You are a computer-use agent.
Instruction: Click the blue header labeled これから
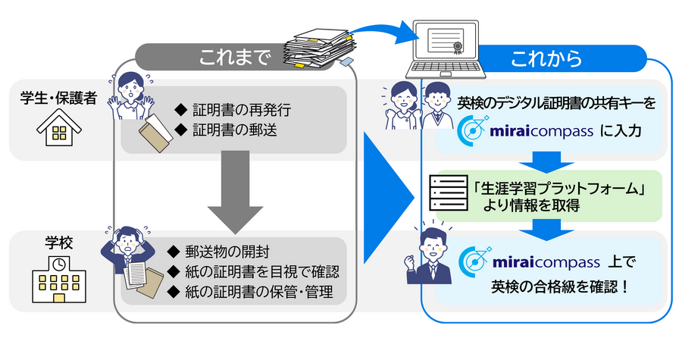(546, 58)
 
